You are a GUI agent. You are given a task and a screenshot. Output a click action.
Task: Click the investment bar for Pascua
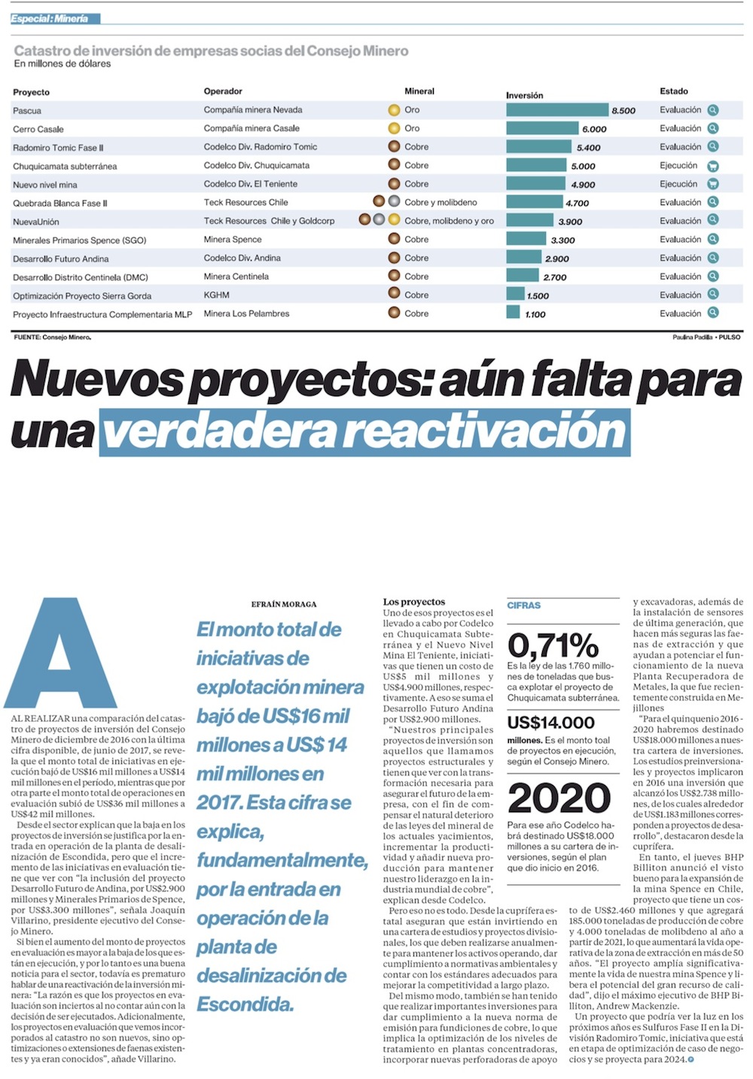(x=556, y=110)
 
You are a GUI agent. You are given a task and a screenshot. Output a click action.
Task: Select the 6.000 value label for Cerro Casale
(x=594, y=129)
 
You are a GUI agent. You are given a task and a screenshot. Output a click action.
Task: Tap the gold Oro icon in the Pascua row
(x=394, y=110)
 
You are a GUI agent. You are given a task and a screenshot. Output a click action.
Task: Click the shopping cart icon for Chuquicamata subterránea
(x=712, y=166)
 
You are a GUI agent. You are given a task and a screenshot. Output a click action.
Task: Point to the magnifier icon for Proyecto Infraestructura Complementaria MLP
(x=712, y=313)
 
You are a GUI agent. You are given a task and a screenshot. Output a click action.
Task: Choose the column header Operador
(x=223, y=91)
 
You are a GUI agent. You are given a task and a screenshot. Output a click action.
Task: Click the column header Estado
(x=674, y=91)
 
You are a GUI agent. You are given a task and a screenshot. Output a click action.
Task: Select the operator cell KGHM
(x=216, y=295)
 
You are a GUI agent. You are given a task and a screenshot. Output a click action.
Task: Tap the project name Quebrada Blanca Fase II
(x=60, y=203)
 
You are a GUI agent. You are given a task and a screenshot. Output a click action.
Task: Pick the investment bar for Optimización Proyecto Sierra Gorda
(x=515, y=295)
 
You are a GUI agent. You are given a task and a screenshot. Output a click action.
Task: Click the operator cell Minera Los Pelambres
(x=246, y=313)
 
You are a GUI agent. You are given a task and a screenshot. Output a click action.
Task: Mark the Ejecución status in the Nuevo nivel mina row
(x=678, y=184)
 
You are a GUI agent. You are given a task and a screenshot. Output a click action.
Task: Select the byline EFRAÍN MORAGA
(x=284, y=604)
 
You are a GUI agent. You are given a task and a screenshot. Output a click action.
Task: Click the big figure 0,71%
(x=553, y=645)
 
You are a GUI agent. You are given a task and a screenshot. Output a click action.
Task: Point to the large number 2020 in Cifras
(x=559, y=799)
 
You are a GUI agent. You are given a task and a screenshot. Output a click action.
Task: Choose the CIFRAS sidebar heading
(x=523, y=605)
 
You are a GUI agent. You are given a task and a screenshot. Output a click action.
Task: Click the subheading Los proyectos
(x=414, y=602)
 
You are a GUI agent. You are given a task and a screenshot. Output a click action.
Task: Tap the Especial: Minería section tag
(x=50, y=18)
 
